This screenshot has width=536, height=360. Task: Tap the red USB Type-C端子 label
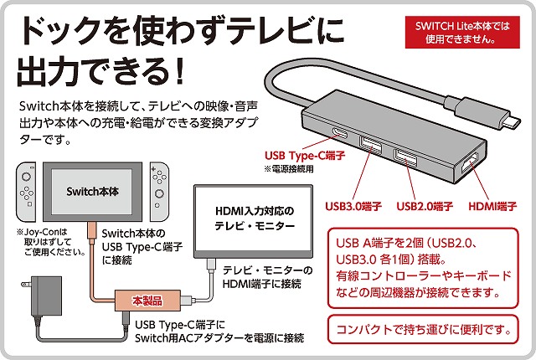(x=299, y=155)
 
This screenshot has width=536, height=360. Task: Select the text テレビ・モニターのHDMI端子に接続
(x=270, y=278)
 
